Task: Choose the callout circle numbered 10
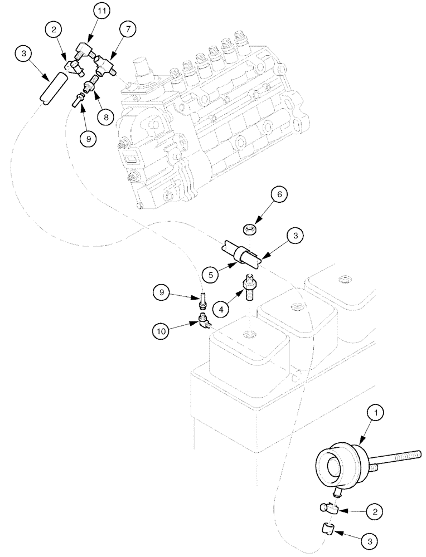[161, 331]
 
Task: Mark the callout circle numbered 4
[223, 307]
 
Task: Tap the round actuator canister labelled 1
[335, 462]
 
